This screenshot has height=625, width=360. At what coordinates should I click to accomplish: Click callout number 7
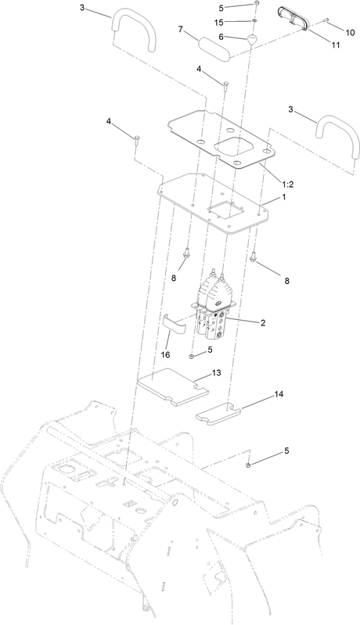pos(181,29)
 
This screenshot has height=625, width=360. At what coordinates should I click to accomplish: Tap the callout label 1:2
pos(288,184)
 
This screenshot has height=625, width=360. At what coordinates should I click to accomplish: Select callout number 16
pos(165,354)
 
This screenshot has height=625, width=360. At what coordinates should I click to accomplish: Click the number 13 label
pos(217,372)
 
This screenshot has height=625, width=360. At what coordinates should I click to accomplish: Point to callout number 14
pos(279,394)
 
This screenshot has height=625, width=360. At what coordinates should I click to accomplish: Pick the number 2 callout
pos(263,323)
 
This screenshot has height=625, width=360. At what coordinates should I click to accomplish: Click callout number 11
pos(336,45)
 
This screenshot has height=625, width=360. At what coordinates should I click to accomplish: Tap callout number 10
pos(350,33)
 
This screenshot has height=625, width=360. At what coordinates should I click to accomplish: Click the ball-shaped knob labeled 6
pos(252,39)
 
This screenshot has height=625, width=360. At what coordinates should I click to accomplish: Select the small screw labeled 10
pos(326,20)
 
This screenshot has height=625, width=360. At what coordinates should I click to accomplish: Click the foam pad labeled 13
pos(172,387)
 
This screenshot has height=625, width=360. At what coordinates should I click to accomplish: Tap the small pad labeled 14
pos(218,412)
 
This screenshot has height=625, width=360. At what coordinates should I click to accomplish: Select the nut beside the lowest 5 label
pos(248,465)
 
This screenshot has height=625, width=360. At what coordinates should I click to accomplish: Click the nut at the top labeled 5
pos(257,4)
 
